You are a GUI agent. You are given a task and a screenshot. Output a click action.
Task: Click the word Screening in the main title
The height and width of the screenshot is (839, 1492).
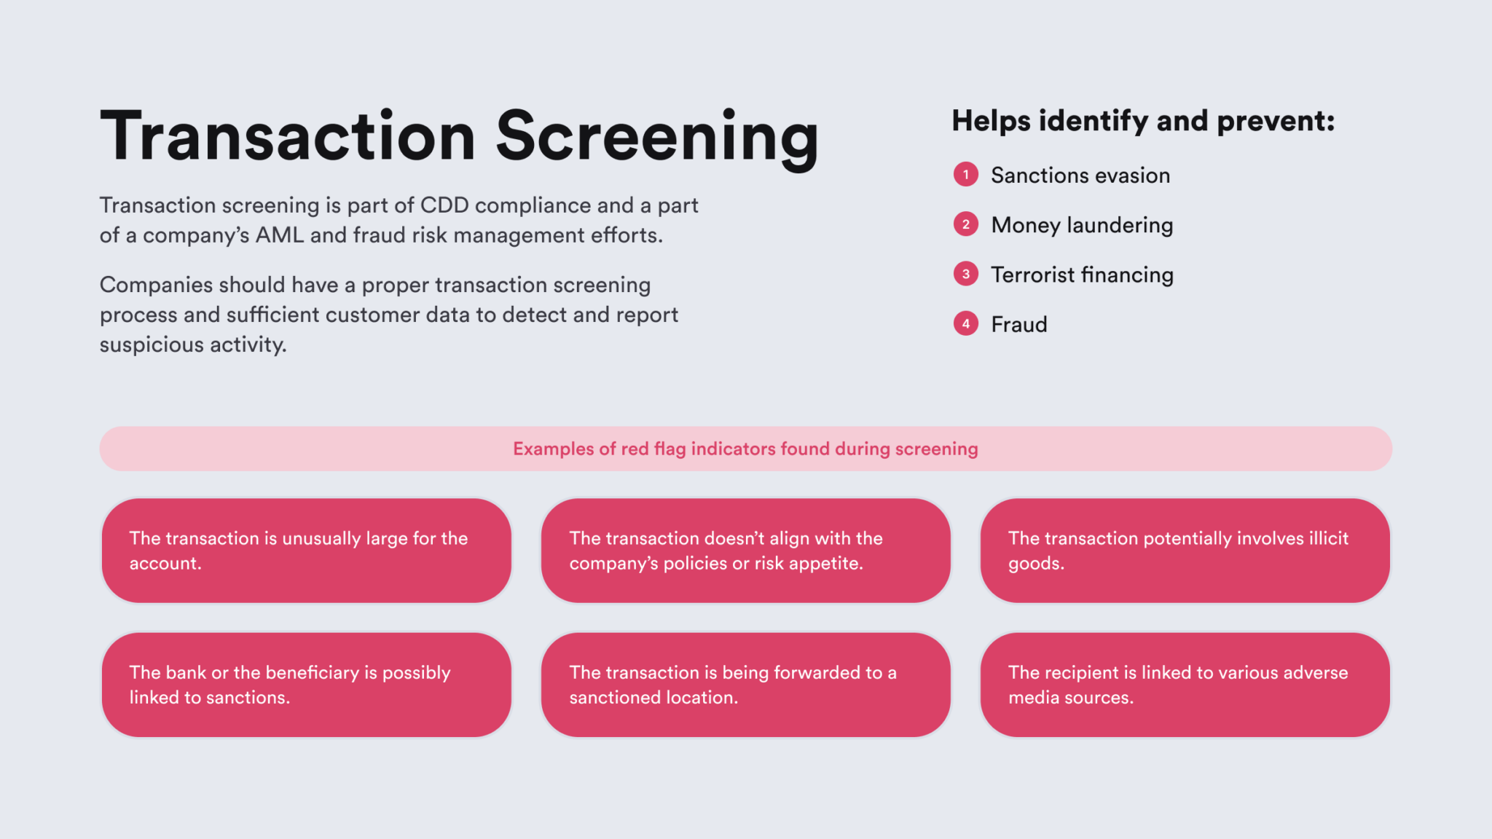[657, 137]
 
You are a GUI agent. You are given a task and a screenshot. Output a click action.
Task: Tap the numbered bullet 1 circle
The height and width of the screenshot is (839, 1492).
[965, 175]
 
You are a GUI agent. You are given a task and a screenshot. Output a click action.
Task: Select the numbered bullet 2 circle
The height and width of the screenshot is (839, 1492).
[965, 224]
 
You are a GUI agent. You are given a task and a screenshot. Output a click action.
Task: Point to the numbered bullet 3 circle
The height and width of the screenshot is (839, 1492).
[965, 275]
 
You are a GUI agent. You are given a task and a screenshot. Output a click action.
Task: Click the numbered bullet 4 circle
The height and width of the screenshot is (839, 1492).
[965, 324]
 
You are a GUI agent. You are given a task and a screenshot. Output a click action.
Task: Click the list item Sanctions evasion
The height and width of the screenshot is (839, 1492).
[1080, 176]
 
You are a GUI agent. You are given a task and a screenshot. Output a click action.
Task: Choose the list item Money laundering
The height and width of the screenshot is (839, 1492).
[1082, 225]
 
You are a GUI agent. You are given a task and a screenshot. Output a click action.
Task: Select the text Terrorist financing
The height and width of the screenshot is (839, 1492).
[1082, 275]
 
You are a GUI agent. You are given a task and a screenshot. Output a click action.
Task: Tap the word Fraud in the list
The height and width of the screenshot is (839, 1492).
[1018, 325]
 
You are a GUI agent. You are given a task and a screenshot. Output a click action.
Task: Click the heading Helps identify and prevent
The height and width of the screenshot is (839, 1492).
[1142, 121]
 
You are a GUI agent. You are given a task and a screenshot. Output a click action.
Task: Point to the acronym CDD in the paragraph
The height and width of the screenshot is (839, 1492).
[444, 205]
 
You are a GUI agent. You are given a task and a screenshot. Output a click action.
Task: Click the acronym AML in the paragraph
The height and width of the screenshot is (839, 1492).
[279, 235]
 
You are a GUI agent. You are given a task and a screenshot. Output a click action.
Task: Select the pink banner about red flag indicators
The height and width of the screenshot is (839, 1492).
[745, 449]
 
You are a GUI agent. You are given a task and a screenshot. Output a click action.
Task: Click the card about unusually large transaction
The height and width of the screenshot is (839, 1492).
[306, 551]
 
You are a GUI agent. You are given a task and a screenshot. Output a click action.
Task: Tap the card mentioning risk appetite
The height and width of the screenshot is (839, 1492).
[745, 551]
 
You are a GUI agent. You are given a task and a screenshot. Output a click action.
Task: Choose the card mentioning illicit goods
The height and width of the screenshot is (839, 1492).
[1185, 551]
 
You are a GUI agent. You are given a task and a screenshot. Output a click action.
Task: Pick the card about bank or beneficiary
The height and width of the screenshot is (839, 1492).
[306, 685]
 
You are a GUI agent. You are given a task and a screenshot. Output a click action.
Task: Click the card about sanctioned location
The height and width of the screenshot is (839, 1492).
[745, 685]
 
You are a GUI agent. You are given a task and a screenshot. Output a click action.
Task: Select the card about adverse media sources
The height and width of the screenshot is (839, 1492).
[1185, 685]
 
